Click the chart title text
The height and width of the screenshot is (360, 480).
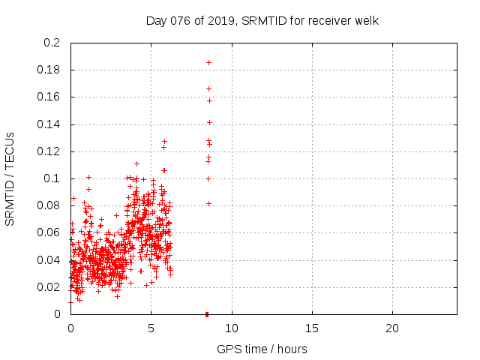click(262, 20)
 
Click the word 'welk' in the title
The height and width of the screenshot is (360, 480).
click(366, 20)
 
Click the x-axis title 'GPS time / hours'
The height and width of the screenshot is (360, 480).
click(262, 349)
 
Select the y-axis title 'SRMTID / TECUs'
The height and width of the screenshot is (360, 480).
click(10, 178)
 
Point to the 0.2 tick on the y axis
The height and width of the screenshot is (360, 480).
click(52, 43)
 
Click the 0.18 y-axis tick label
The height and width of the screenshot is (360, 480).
click(49, 70)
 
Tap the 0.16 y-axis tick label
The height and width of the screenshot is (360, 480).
click(49, 97)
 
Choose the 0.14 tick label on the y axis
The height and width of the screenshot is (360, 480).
click(49, 124)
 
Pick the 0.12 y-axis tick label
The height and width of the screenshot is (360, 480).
click(49, 151)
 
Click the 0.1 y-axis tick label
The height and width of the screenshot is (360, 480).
click(52, 178)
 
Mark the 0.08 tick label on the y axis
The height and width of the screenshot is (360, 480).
click(49, 205)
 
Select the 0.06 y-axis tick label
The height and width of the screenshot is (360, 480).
click(49, 232)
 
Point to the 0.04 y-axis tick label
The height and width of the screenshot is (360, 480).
click(49, 260)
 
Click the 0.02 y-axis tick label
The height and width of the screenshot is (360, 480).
click(49, 287)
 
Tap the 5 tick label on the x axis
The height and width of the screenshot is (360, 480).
click(151, 328)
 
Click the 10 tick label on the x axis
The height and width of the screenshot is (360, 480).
click(232, 328)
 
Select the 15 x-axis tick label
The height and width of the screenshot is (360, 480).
click(312, 328)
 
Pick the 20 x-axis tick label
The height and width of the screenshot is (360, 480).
click(392, 328)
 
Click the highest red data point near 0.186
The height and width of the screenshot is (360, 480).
click(208, 62)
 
